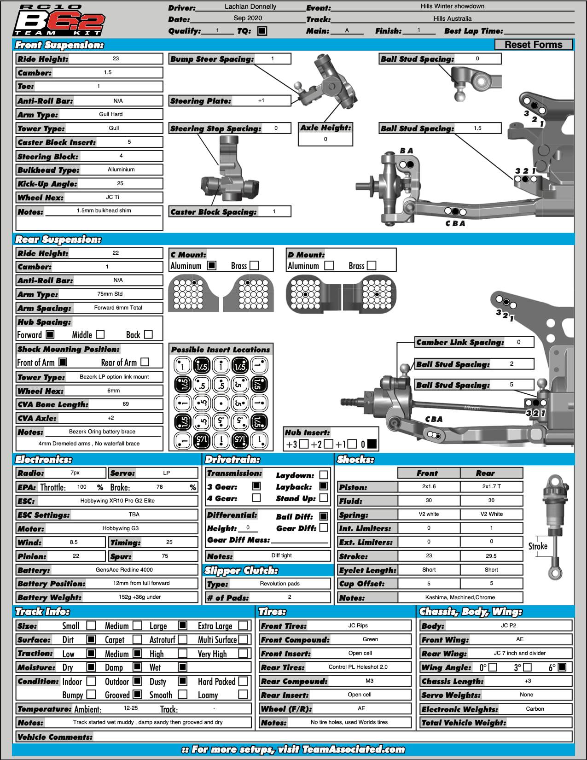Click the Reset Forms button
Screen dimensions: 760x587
click(533, 45)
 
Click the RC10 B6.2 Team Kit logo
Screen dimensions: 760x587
click(58, 21)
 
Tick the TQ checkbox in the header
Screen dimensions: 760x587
click(262, 31)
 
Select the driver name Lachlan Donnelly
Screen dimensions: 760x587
click(250, 7)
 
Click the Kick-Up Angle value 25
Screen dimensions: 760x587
click(120, 183)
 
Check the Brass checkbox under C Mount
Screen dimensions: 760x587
click(254, 266)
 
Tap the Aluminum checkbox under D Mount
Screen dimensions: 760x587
click(329, 266)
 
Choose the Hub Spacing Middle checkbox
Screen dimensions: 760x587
click(100, 335)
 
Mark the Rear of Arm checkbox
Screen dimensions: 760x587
click(145, 362)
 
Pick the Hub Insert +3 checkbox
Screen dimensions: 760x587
click(303, 444)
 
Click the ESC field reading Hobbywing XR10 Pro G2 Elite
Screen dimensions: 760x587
click(117, 501)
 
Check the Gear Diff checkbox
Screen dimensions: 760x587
click(324, 528)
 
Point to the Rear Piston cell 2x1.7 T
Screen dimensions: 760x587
click(491, 487)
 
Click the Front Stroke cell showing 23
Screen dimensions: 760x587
click(429, 556)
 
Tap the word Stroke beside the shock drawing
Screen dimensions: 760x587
click(538, 546)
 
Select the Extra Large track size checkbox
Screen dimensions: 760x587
click(243, 626)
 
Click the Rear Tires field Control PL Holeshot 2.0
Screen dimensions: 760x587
click(358, 667)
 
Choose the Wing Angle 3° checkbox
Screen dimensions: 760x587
click(528, 667)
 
